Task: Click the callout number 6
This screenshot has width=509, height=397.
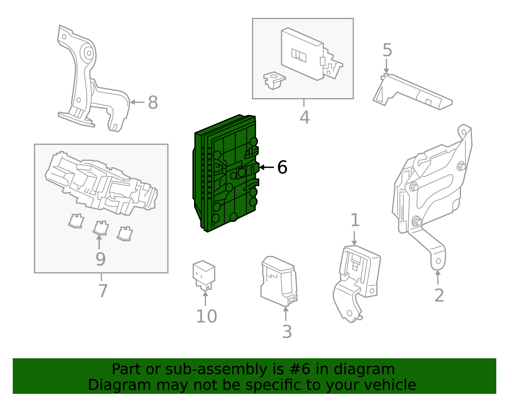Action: click(282, 167)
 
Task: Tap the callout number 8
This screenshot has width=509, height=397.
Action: click(153, 103)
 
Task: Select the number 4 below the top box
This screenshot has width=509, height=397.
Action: click(304, 117)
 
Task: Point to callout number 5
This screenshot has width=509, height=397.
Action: click(387, 50)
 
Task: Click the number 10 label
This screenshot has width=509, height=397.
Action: click(206, 316)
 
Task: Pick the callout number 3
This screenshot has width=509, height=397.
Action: click(287, 332)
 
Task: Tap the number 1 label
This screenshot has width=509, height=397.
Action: click(355, 220)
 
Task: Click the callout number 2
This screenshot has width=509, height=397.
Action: click(439, 295)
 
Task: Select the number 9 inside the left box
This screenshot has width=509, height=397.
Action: click(100, 259)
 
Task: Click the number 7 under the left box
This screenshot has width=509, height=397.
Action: click(102, 291)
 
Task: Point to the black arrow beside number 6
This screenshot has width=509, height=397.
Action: click(266, 167)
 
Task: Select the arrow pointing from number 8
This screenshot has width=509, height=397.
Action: click(137, 102)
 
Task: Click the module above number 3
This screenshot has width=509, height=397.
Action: click(278, 280)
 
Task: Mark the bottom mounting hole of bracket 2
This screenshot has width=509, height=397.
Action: click(438, 261)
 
